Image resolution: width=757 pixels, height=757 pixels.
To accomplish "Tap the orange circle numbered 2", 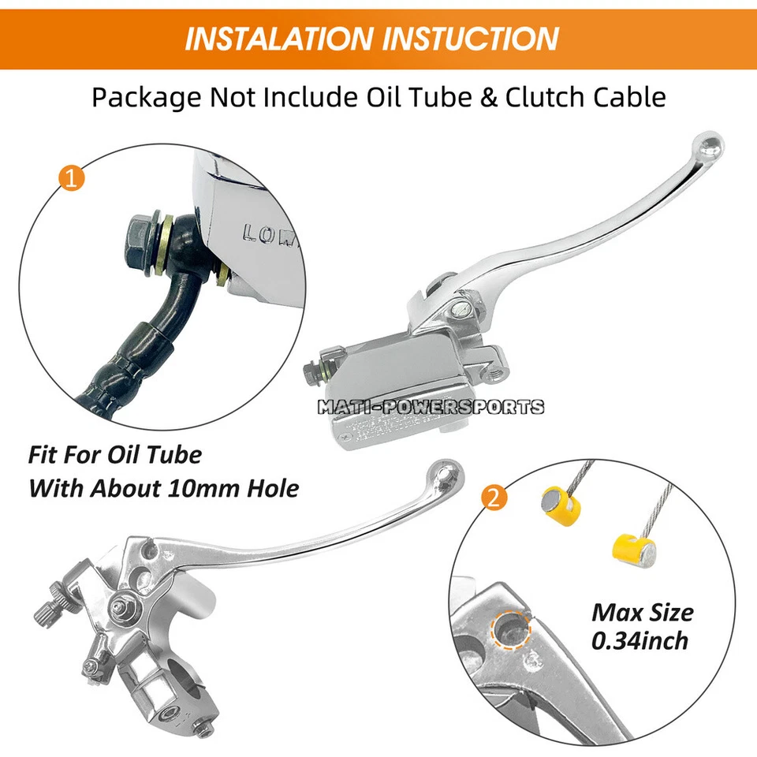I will point(493,498).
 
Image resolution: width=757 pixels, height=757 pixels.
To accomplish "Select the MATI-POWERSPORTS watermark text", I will point(430,407).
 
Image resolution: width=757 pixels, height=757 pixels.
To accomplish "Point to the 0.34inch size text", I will point(640,640).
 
